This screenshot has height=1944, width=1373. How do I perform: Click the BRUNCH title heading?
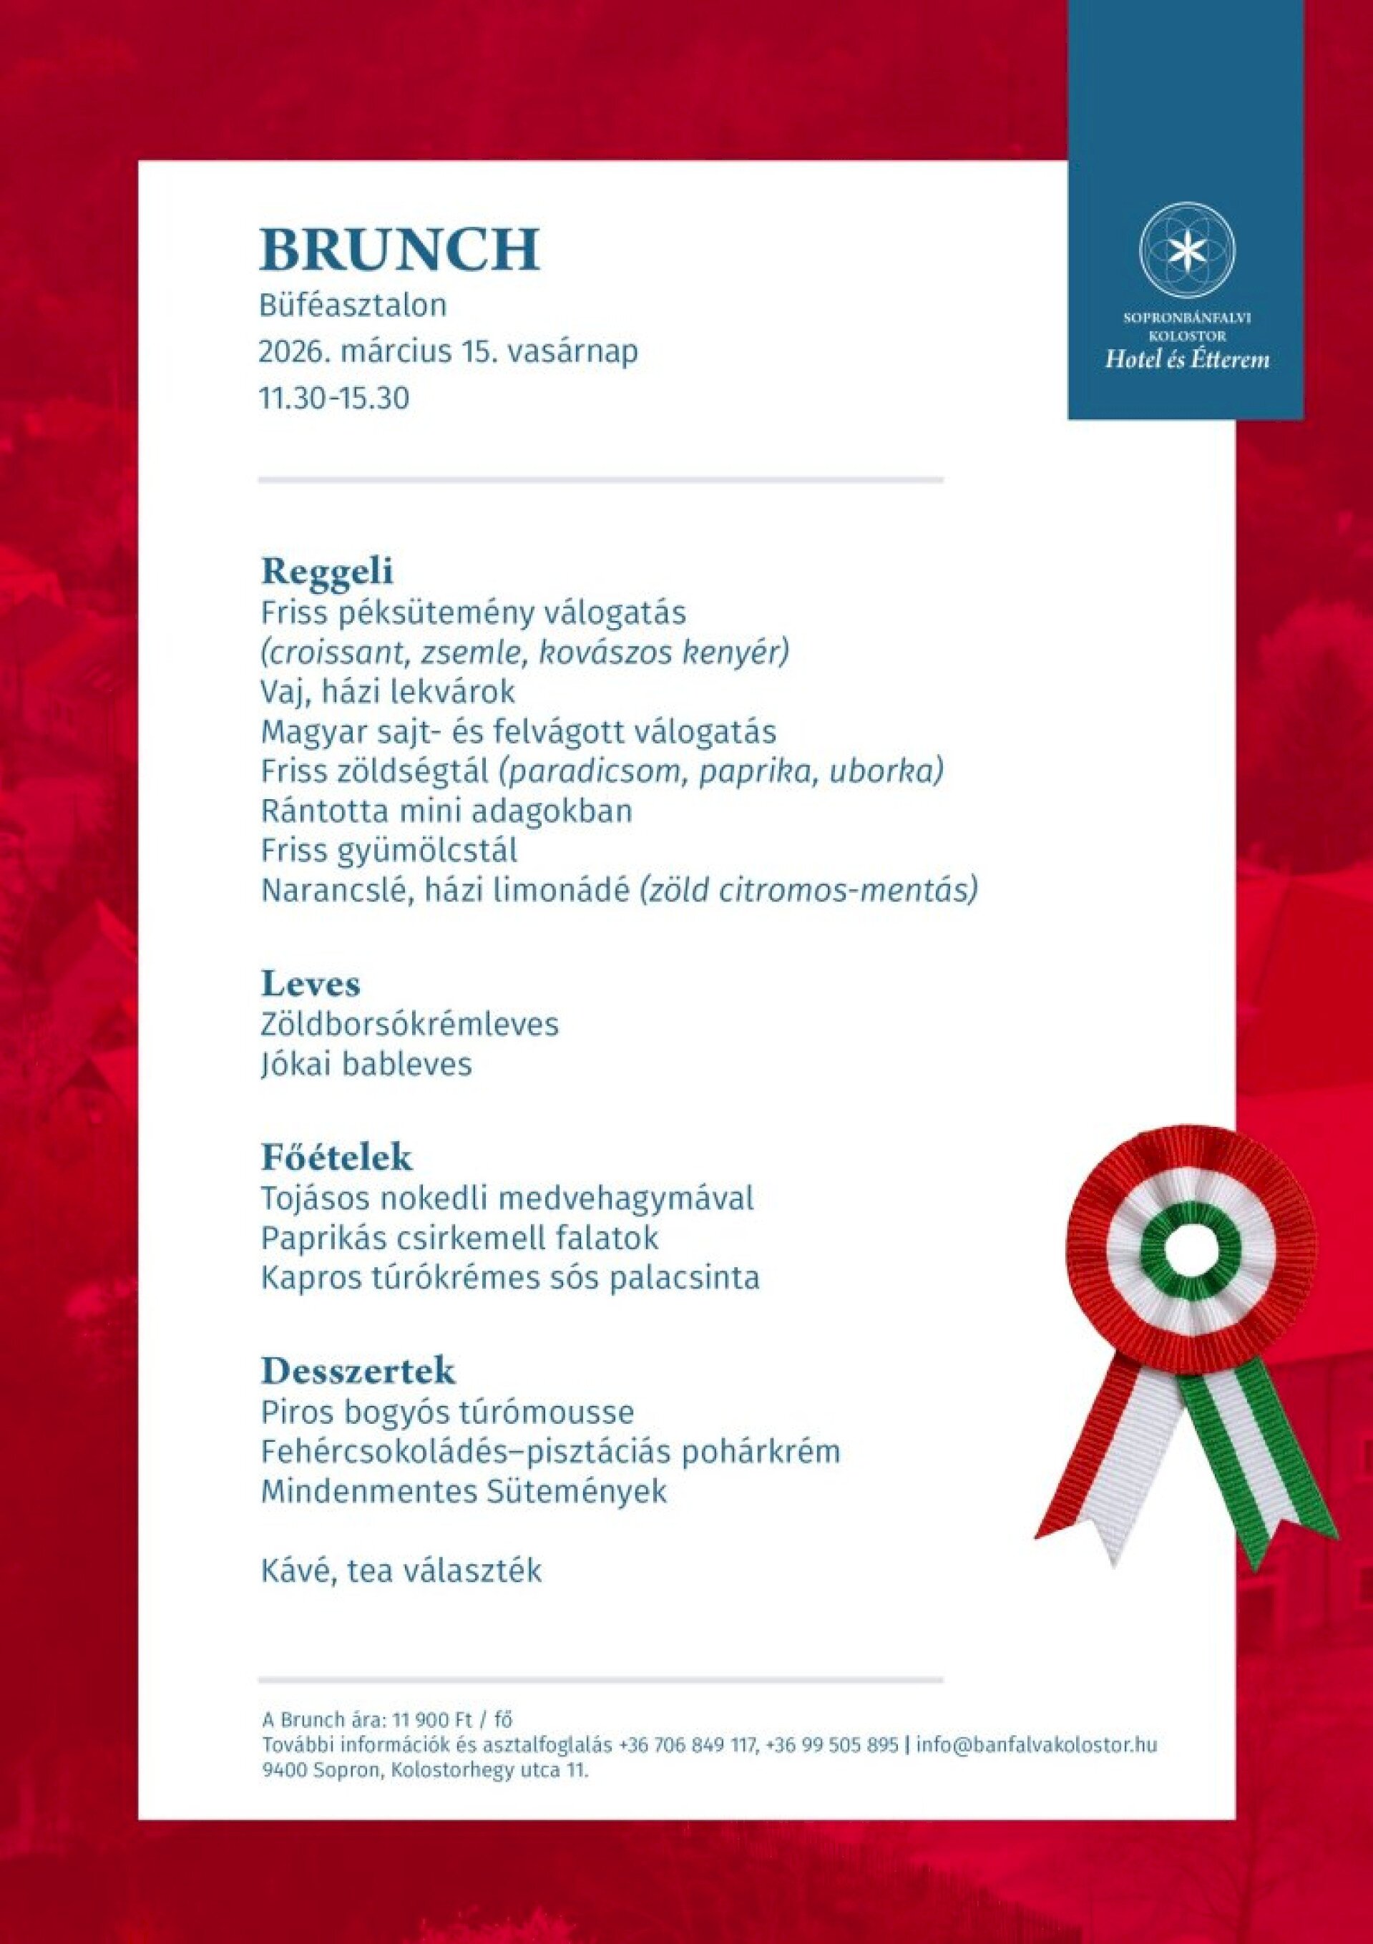399,248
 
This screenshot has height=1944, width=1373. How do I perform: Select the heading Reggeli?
327,572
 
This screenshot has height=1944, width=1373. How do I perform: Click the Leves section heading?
311,984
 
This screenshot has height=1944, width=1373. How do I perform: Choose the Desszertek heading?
358,1369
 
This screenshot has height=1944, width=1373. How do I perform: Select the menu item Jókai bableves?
366,1063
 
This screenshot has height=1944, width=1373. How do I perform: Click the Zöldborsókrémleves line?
410,1025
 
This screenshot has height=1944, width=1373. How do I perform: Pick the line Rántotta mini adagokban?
446,811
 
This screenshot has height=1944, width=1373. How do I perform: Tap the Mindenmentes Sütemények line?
464,1491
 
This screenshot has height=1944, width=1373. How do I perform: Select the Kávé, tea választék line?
401,1571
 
